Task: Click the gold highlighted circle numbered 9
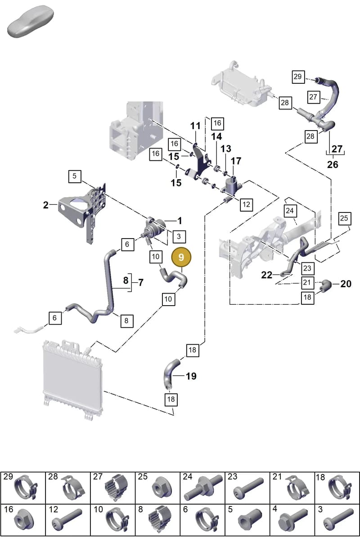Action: point(181,257)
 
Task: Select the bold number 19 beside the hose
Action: point(191,376)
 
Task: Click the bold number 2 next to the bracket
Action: point(45,205)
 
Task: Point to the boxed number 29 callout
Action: point(298,77)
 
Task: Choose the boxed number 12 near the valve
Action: point(246,204)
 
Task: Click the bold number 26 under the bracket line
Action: point(333,165)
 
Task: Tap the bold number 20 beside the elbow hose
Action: point(346,284)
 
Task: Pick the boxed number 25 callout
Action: point(344,218)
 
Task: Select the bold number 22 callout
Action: point(266,275)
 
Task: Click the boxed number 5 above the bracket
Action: point(75,176)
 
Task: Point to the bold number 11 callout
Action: point(195,126)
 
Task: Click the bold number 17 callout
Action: point(236,161)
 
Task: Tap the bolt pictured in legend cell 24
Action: point(203,487)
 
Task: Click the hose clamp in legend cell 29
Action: point(26,487)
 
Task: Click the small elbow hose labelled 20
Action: point(325,286)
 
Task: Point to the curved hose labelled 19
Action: point(171,375)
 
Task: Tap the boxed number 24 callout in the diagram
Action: point(290,211)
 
